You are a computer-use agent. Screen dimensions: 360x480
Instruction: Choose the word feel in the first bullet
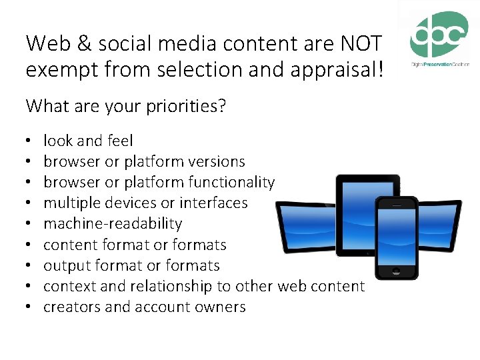pos(119,141)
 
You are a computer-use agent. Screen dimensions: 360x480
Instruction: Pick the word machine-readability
pos(112,223)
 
